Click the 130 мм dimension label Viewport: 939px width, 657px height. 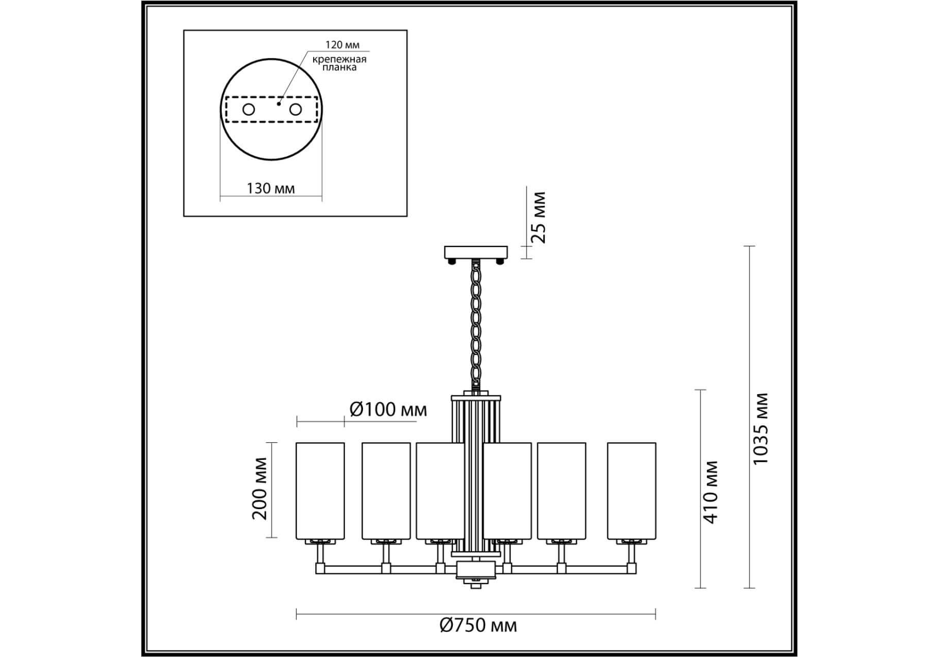coord(271,188)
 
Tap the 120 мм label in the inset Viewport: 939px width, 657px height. coord(342,45)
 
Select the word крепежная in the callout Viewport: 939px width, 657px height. coord(339,59)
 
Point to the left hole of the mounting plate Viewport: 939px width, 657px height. coord(248,109)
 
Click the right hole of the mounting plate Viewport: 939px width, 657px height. coord(295,109)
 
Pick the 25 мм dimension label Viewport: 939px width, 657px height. coord(539,217)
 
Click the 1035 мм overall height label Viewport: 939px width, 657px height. coord(760,429)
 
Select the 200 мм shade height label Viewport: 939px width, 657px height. coord(260,488)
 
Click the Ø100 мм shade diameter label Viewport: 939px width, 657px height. coord(388,410)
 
